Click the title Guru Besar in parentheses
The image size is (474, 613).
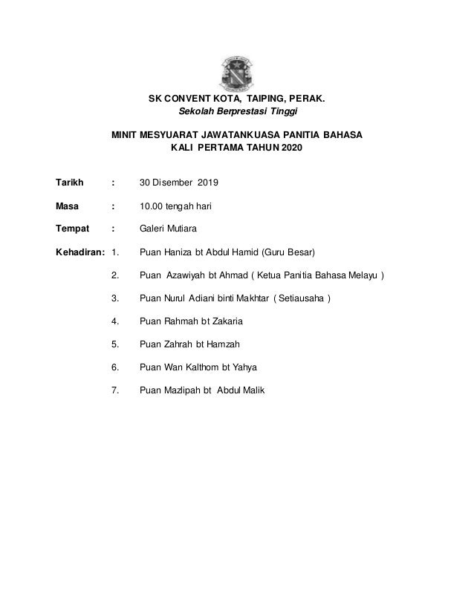(290, 252)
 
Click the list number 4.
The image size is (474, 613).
(114, 321)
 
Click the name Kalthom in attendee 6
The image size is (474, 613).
(211, 367)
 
